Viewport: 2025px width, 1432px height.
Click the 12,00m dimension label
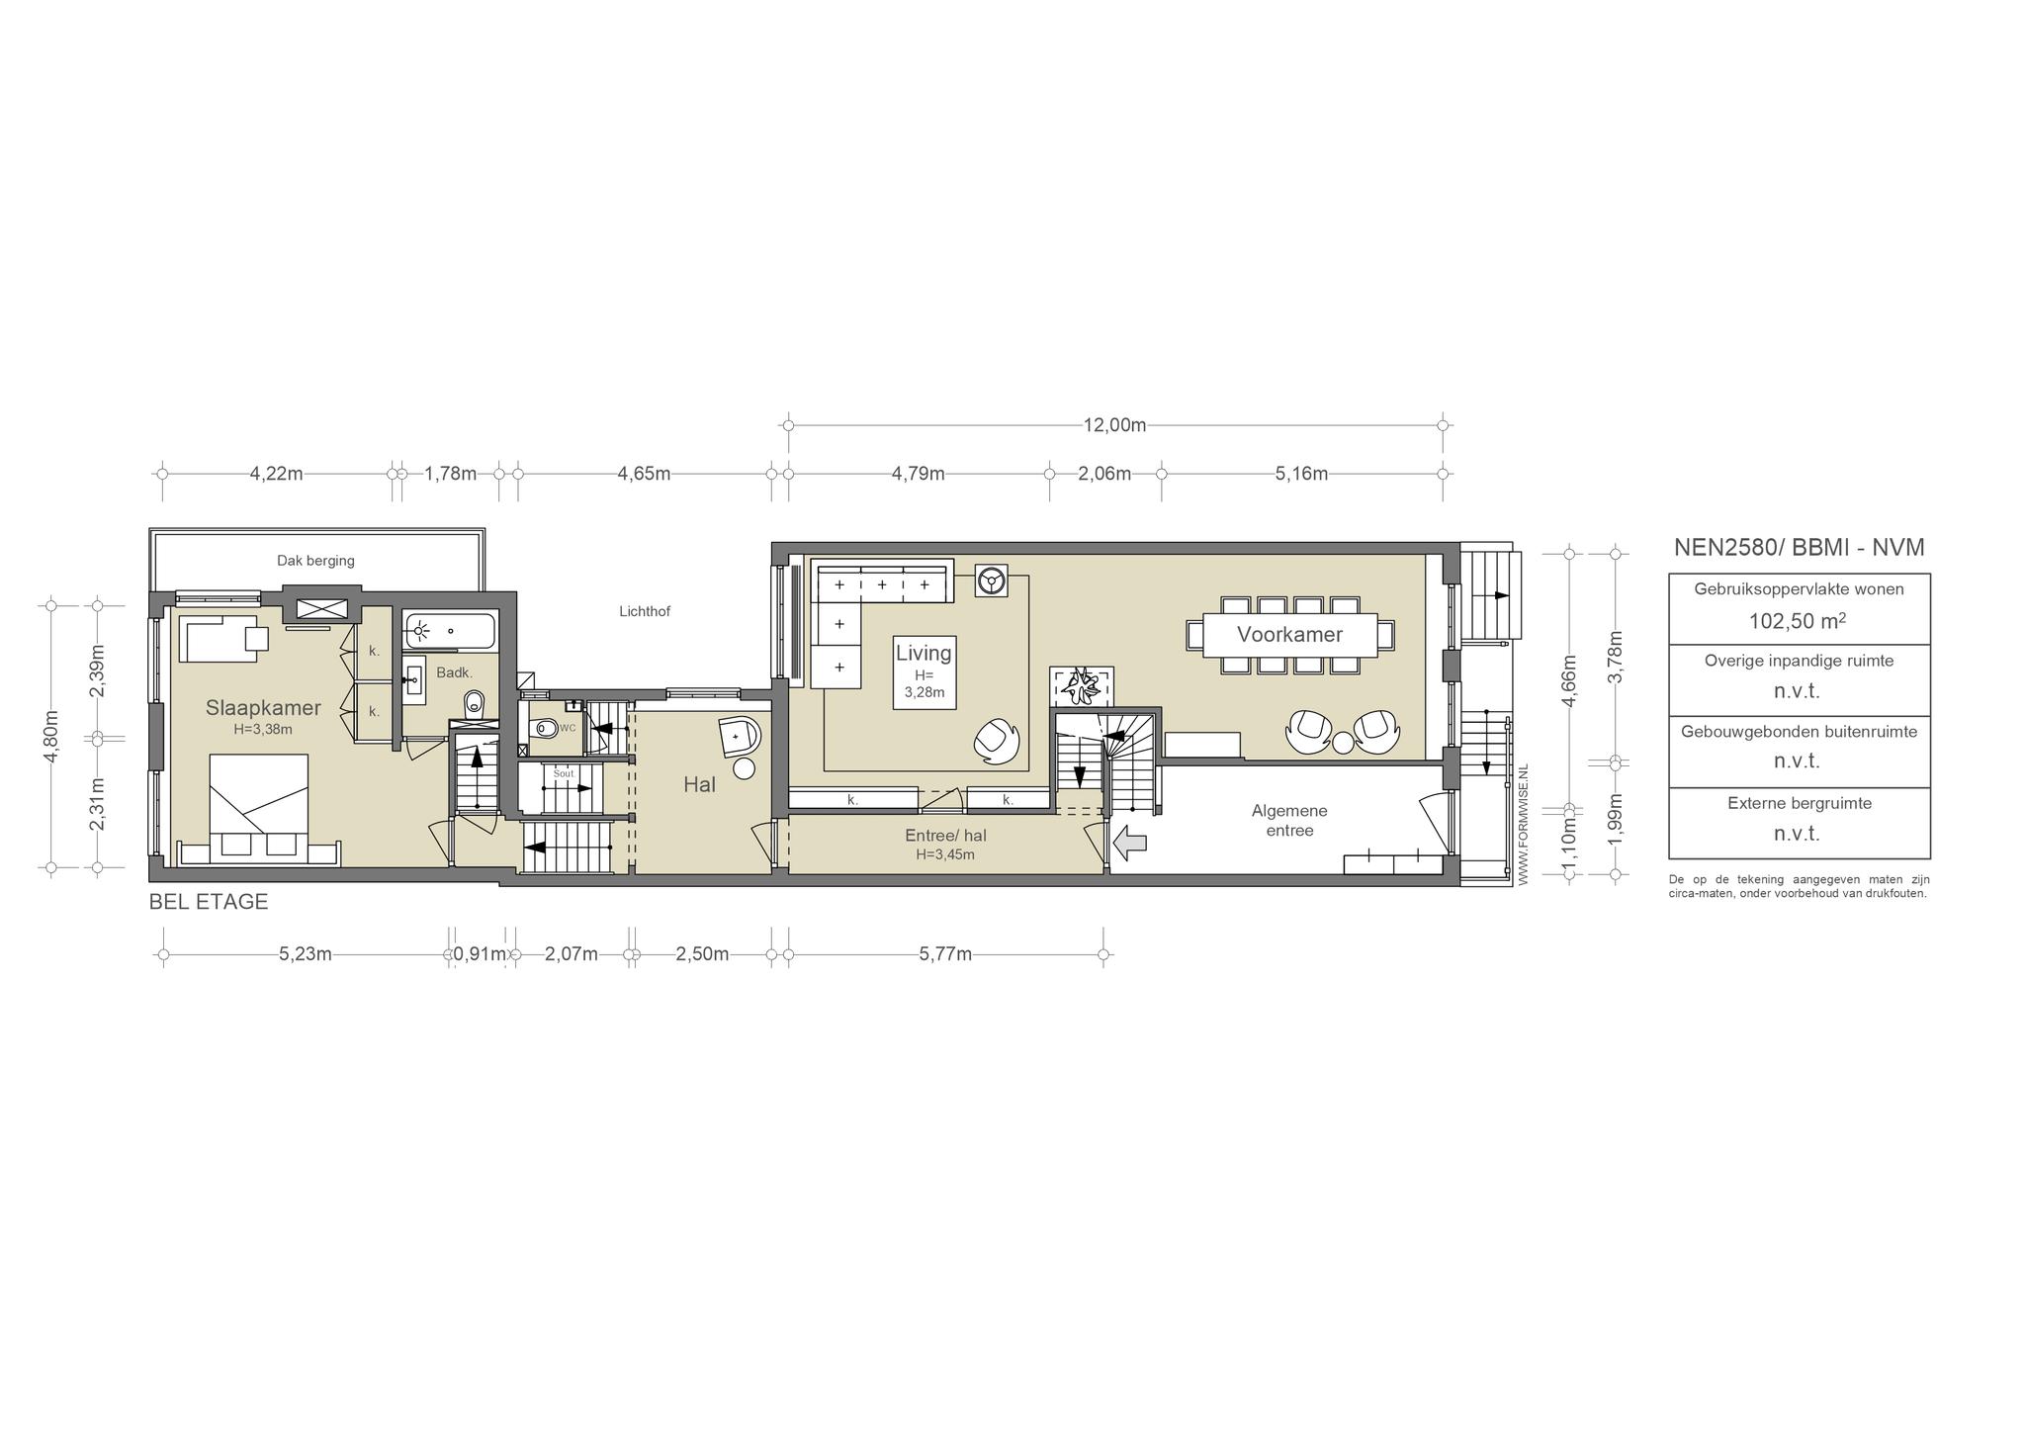point(1114,425)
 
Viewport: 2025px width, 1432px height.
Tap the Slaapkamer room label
point(263,708)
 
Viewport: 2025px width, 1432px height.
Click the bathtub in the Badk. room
point(450,630)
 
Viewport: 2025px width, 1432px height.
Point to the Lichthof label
point(645,611)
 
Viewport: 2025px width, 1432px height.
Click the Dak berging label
point(315,561)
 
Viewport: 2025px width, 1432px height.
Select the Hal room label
point(699,784)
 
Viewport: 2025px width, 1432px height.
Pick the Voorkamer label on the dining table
point(1289,635)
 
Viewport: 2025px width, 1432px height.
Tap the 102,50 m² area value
point(1799,621)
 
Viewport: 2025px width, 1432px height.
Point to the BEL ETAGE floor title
point(209,902)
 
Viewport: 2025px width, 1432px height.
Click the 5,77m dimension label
point(945,954)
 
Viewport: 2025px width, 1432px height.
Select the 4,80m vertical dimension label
point(51,737)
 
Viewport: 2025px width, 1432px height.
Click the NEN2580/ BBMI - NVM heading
point(1799,548)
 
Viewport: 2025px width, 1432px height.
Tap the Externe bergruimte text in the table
point(1800,803)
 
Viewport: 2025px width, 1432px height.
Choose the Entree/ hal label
point(945,836)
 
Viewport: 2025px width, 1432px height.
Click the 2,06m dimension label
point(1104,474)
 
